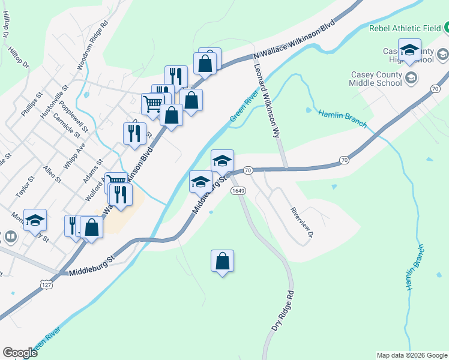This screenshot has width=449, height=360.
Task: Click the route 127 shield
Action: (47, 284)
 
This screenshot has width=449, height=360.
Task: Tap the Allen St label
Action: (52, 175)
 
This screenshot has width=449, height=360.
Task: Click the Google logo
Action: (20, 352)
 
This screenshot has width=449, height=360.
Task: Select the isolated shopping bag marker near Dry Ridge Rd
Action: (222, 261)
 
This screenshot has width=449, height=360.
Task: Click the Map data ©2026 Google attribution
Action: (411, 355)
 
